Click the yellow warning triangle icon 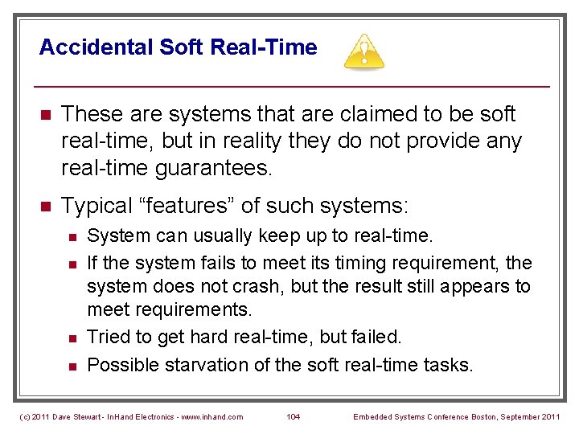coord(363,51)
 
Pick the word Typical coord(96,206)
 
